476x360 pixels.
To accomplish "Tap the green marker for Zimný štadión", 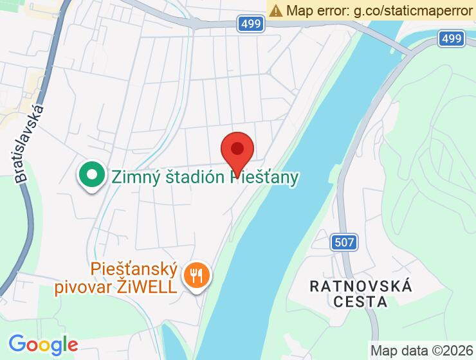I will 92,175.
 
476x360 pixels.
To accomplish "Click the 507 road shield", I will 345,242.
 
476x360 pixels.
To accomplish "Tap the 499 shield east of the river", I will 452,39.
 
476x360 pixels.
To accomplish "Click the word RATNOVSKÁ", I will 361,286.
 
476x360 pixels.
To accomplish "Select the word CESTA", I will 361,301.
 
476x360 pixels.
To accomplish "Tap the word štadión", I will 190,176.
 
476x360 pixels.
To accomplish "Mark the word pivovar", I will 93,286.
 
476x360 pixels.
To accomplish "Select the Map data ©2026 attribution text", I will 421,351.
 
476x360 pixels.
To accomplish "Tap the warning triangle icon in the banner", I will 276,10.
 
